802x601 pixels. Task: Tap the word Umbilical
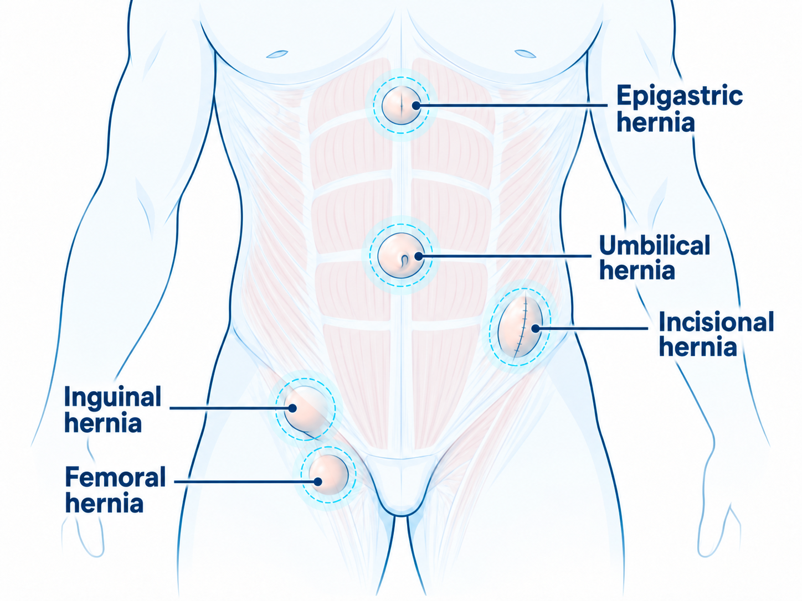point(655,246)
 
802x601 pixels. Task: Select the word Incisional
point(717,322)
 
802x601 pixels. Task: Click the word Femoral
point(115,477)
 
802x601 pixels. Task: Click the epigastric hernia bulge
point(401,106)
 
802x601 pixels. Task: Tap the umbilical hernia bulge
point(401,256)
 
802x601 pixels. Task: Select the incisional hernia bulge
point(520,327)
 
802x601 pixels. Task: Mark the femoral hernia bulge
point(328,474)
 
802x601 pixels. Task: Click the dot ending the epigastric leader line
point(416,106)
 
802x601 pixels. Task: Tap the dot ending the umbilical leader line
point(419,256)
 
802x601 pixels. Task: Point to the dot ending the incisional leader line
point(535,328)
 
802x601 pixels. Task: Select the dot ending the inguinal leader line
point(292,408)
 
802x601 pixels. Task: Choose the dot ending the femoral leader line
point(318,481)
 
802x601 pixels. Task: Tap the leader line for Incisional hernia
point(592,328)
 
